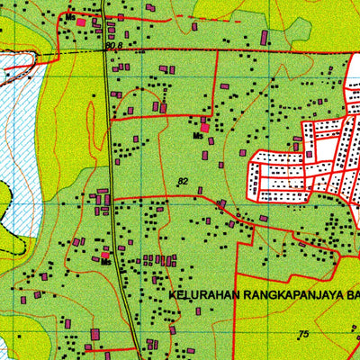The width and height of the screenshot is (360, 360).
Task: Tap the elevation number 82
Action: coord(184,182)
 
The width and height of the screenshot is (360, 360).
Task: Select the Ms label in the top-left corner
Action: coord(69,17)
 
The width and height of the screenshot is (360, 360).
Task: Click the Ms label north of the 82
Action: coord(197,136)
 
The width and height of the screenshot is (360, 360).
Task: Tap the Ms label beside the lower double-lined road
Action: coord(105,262)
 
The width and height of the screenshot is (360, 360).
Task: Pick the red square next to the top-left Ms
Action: coord(81,22)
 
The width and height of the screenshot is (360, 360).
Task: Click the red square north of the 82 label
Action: coord(205,128)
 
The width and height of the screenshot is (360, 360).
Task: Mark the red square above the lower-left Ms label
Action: coord(105,254)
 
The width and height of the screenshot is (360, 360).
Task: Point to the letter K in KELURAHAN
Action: coord(170,293)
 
